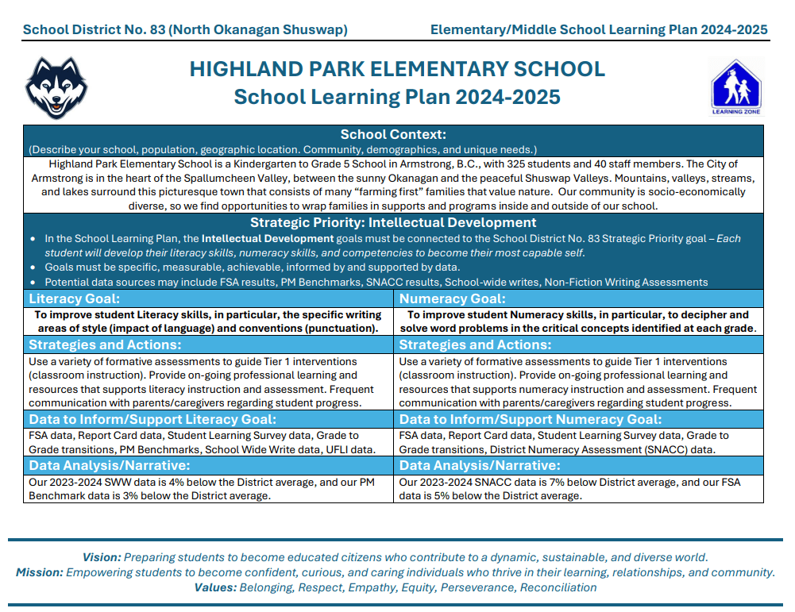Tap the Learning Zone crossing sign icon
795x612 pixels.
pos(735,87)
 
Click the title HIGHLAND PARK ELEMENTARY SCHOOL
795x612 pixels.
pos(397,69)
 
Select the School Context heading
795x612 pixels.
pos(393,135)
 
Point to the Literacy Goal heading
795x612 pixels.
pos(75,299)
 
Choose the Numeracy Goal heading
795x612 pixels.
pos(452,299)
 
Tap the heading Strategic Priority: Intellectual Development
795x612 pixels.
pos(393,223)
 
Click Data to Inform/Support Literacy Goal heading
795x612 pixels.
pos(152,420)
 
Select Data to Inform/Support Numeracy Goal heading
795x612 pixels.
pos(530,420)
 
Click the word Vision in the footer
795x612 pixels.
pos(101,557)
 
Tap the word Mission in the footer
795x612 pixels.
pos(39,572)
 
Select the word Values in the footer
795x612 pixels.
pos(214,587)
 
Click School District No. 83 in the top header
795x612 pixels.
pos(95,30)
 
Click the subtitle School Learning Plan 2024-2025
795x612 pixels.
pos(397,97)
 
